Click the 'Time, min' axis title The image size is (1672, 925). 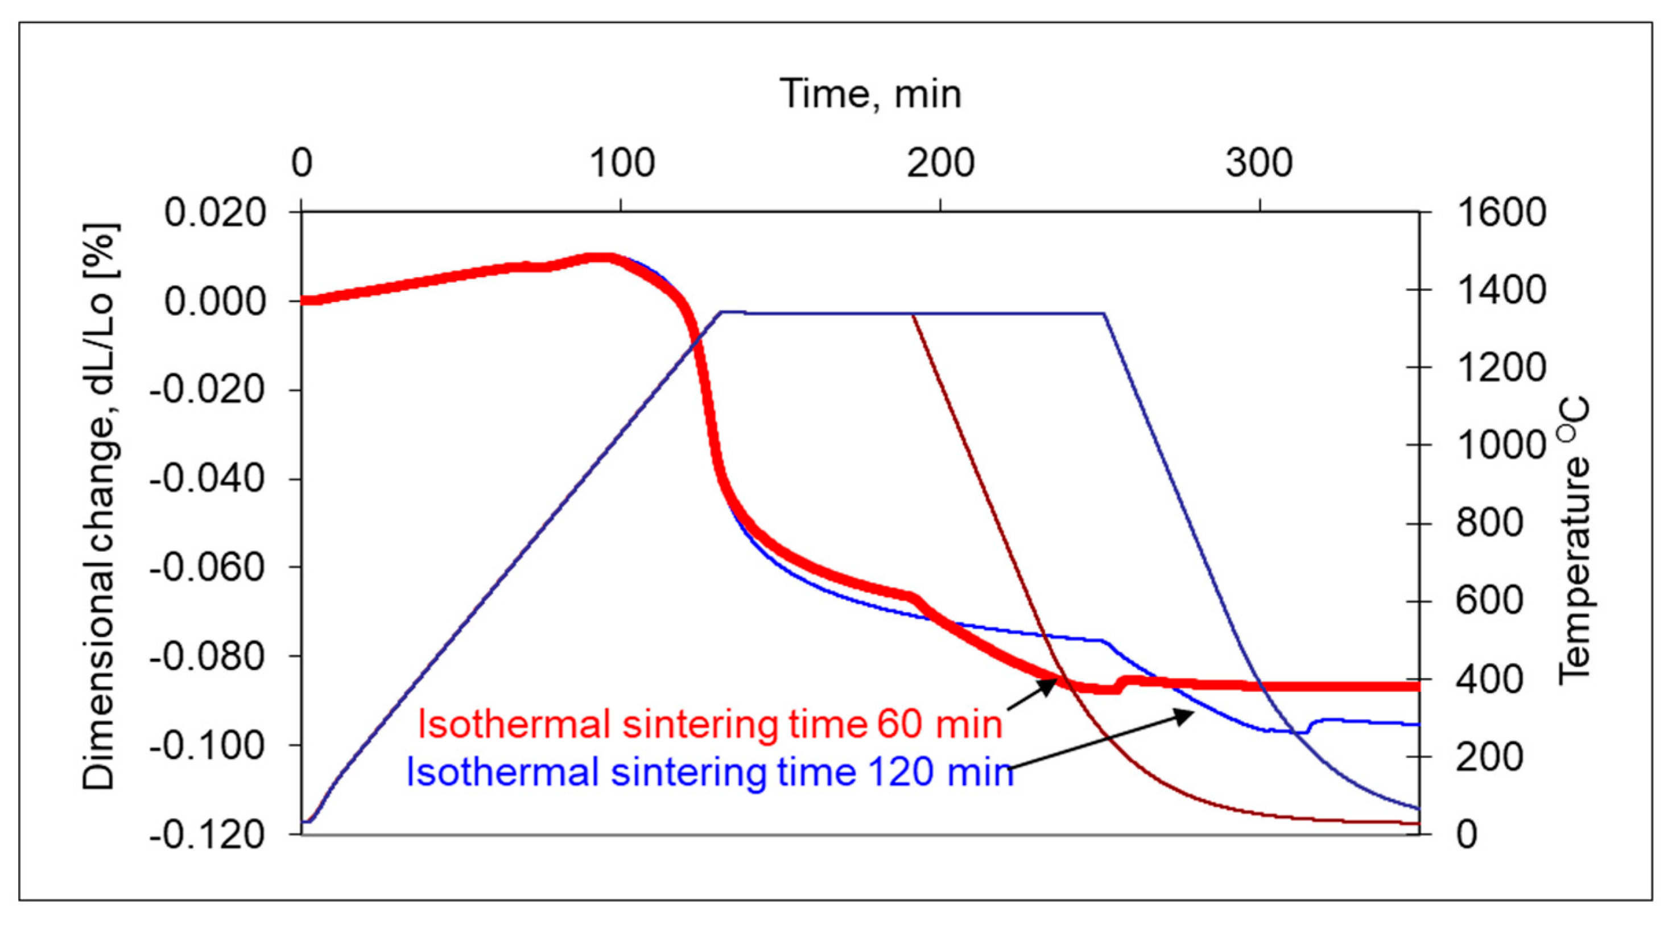pos(870,94)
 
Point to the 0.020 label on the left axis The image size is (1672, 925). pos(215,212)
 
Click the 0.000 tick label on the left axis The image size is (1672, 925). pos(215,302)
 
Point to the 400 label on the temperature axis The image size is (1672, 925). pos(1489,680)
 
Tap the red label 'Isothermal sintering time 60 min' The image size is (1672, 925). pos(710,724)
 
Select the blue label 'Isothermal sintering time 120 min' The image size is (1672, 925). pos(709,773)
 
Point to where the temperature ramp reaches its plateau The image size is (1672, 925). pos(723,312)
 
